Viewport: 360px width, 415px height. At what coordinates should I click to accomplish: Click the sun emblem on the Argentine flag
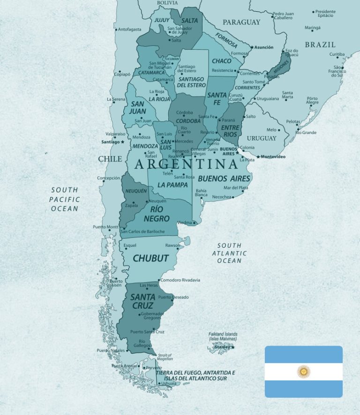click(303, 371)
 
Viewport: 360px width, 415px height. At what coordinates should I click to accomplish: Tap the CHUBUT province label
click(150, 258)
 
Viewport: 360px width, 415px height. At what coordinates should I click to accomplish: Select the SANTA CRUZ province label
click(142, 301)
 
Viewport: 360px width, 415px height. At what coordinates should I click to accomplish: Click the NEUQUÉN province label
click(135, 191)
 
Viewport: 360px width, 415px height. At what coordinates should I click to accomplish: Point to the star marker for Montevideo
click(258, 156)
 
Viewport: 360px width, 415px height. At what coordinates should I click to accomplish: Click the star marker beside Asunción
click(252, 47)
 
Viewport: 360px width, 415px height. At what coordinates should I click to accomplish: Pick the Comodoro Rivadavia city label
click(180, 280)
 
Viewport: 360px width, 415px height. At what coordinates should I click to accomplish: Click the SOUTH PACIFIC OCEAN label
click(65, 199)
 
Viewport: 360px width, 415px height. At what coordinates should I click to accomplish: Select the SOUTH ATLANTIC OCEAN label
click(229, 253)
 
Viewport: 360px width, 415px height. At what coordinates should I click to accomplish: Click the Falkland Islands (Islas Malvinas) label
click(223, 336)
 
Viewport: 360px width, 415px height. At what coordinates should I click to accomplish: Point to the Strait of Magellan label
click(165, 357)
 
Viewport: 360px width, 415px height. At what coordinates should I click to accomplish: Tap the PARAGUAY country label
click(241, 22)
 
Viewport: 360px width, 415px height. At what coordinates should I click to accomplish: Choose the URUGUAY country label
click(262, 138)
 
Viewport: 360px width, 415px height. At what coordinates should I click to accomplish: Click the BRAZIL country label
click(320, 45)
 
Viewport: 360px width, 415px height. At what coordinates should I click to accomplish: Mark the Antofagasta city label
click(129, 29)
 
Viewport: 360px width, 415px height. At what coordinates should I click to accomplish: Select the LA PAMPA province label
click(172, 185)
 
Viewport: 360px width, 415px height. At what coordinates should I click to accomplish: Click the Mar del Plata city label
click(236, 187)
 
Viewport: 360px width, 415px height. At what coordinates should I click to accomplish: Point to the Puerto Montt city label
click(105, 227)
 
